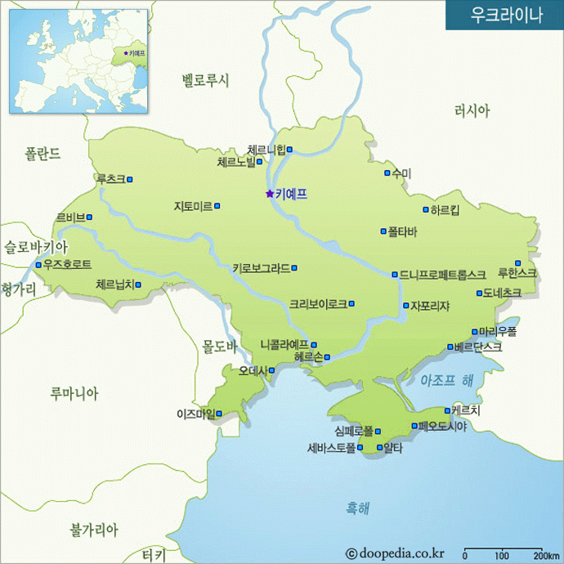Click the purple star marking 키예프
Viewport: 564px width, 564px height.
pyautogui.click(x=269, y=194)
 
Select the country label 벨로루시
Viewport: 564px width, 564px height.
pyautogui.click(x=206, y=80)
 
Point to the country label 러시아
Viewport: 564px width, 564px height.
pyautogui.click(x=472, y=110)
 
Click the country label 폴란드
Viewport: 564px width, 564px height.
pyautogui.click(x=43, y=153)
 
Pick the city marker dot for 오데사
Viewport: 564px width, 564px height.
pyautogui.click(x=271, y=370)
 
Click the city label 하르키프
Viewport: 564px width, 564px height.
pyautogui.click(x=445, y=209)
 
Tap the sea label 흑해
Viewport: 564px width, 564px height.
pyautogui.click(x=356, y=508)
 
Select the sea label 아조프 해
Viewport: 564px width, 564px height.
pyautogui.click(x=446, y=380)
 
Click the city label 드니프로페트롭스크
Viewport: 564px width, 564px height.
pyautogui.click(x=442, y=275)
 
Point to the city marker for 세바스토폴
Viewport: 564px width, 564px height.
pyautogui.click(x=360, y=448)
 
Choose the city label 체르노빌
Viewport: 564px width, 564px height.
pyautogui.click(x=236, y=162)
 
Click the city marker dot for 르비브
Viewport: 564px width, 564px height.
pyautogui.click(x=89, y=217)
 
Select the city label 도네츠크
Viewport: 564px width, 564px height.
pyautogui.click(x=502, y=293)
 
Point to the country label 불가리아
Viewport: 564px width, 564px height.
pyautogui.click(x=94, y=530)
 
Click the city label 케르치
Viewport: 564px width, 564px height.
pyautogui.click(x=466, y=410)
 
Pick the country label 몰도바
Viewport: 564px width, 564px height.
pyautogui.click(x=220, y=347)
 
